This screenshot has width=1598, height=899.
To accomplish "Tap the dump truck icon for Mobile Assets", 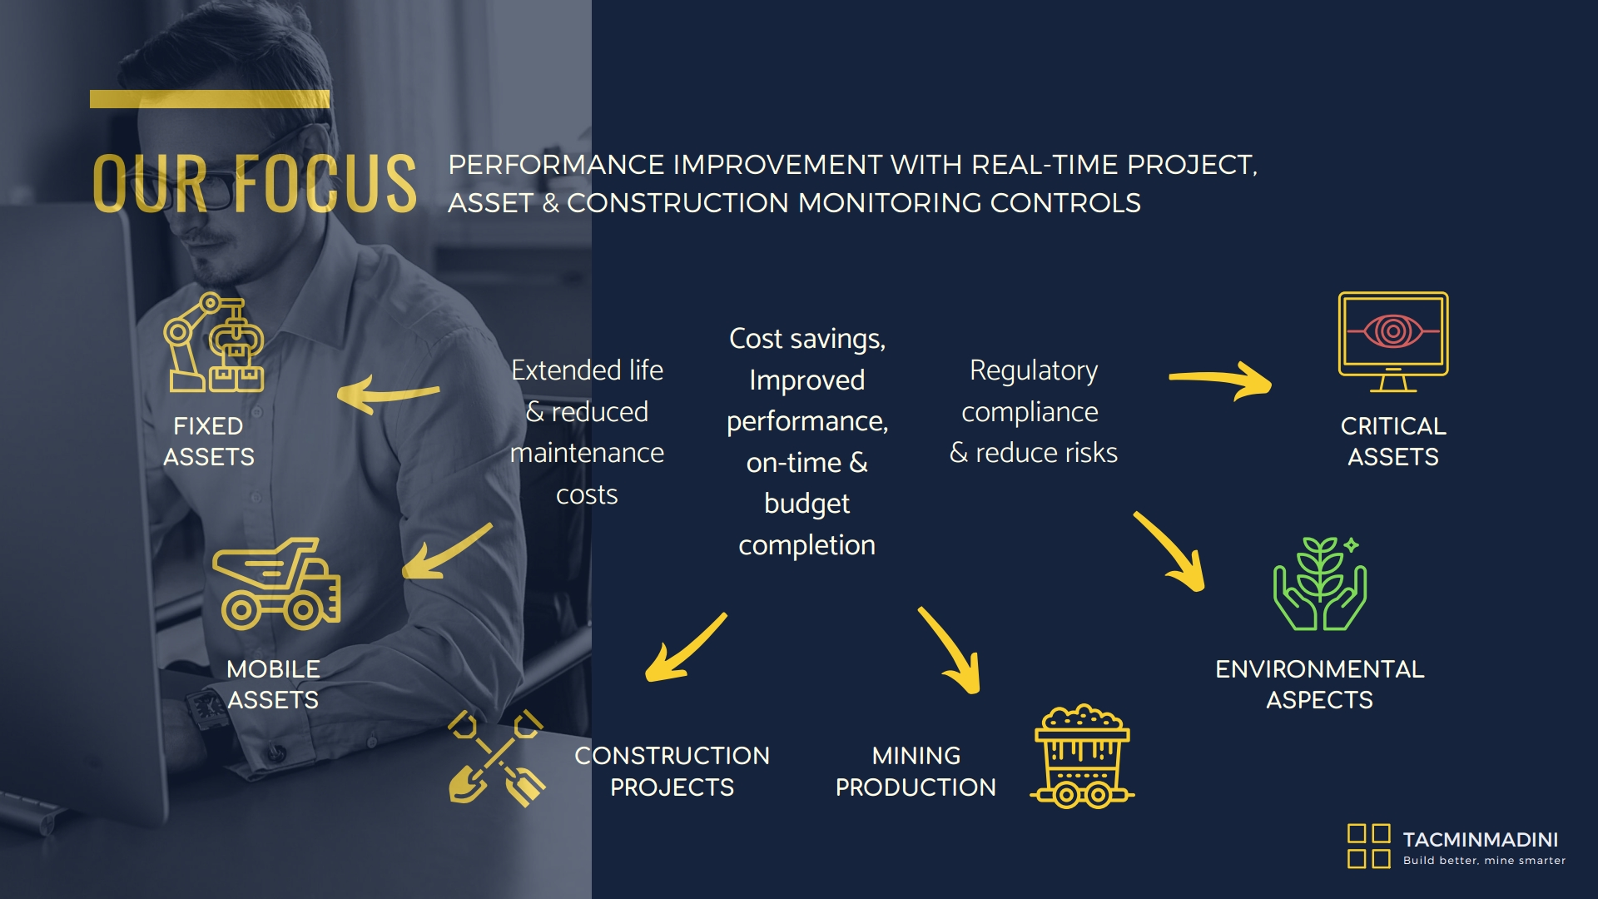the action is click(x=276, y=584).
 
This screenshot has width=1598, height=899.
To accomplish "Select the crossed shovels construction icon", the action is click(x=497, y=757).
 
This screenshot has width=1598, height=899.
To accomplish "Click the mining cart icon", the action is click(x=1082, y=757).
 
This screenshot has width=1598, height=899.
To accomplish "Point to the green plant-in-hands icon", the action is click(x=1320, y=584).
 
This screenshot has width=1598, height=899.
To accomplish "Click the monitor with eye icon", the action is click(x=1393, y=342).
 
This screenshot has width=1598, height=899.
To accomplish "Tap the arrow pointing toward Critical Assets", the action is click(x=1220, y=380).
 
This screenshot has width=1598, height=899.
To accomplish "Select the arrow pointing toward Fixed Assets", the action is click(x=388, y=394).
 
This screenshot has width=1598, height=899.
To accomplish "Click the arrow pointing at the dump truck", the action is click(x=447, y=550).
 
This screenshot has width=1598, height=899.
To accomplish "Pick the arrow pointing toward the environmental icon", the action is click(x=1169, y=550).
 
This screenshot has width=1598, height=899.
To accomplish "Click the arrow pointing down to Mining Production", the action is click(x=950, y=649).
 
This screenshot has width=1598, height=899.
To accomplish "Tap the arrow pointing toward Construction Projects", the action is click(x=686, y=648).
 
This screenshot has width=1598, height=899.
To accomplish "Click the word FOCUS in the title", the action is click(x=325, y=183).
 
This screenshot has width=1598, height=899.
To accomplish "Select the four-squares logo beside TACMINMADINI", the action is click(x=1369, y=846).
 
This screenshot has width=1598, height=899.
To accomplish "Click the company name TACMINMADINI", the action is click(x=1481, y=840).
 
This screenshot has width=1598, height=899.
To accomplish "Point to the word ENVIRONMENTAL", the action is click(x=1320, y=669).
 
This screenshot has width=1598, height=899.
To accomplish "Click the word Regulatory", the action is click(x=1034, y=371).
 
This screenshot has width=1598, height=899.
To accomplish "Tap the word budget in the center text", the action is click(x=807, y=504).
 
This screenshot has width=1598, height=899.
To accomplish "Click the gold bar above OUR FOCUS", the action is click(x=210, y=99).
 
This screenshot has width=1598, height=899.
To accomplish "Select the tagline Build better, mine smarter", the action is click(x=1485, y=861).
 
